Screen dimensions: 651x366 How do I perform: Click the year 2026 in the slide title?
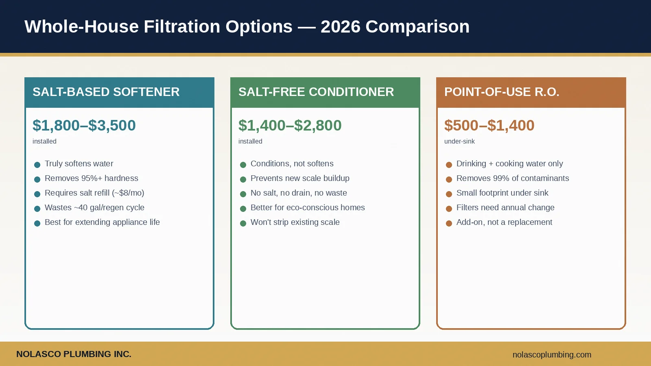(340, 27)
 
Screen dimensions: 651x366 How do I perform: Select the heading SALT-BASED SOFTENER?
(106, 92)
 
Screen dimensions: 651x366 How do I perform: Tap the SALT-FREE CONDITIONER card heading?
(316, 92)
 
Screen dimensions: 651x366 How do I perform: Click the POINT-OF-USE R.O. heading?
(502, 92)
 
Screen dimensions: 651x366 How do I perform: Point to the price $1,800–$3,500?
(84, 125)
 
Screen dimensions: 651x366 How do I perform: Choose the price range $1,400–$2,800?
(290, 125)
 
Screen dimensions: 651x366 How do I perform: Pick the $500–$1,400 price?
(489, 125)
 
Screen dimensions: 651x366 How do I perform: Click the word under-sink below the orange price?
(459, 141)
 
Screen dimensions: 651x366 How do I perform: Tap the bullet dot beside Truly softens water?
(37, 165)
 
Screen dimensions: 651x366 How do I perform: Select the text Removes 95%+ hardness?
(92, 178)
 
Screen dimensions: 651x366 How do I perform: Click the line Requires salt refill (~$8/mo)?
(94, 193)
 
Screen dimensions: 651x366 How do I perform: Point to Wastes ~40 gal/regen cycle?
(94, 207)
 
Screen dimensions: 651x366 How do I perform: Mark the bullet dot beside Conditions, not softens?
(243, 165)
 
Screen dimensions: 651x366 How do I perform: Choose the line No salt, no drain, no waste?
(299, 193)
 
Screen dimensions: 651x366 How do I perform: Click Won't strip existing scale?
(295, 222)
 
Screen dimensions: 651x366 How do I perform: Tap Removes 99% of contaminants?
(513, 178)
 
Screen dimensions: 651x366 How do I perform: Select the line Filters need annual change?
(505, 207)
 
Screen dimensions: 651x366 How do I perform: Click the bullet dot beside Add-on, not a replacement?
(449, 223)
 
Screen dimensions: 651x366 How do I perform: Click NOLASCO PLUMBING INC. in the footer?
(74, 354)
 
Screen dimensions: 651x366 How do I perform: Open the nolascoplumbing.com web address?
(552, 355)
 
